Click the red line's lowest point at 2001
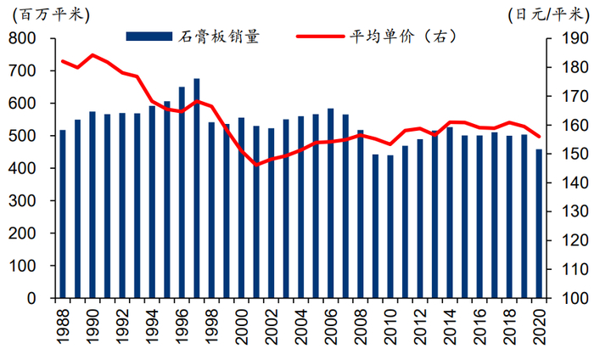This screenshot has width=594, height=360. tap(256, 164)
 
